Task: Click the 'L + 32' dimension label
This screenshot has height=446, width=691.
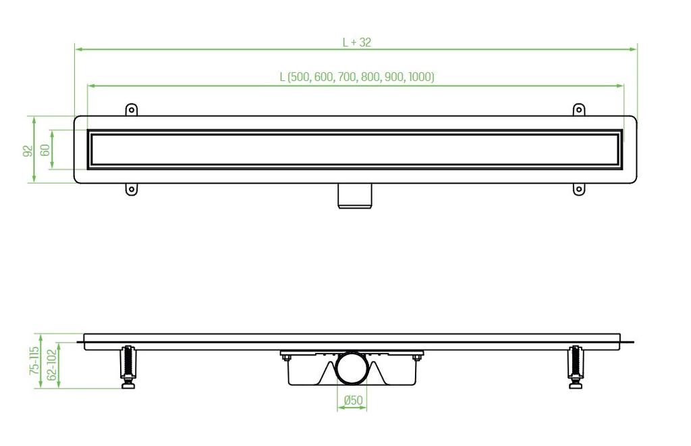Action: [x=357, y=43]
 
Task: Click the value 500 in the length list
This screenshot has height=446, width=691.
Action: [x=300, y=77]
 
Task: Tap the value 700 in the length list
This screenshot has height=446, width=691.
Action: [x=348, y=77]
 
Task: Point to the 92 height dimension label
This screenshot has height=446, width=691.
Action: [x=28, y=150]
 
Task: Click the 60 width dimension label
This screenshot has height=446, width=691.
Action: [x=45, y=150]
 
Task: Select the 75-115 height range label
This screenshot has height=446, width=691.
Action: [x=34, y=360]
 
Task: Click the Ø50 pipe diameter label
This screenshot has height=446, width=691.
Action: [x=353, y=400]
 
